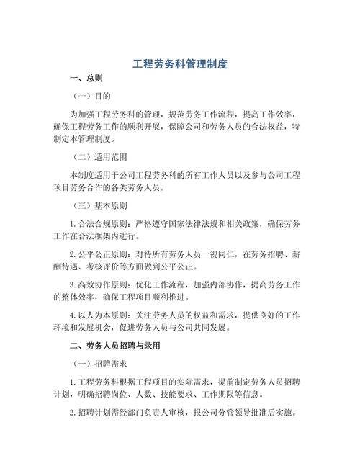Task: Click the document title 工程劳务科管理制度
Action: point(180,64)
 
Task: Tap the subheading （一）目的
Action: point(91,95)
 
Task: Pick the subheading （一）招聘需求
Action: point(100,364)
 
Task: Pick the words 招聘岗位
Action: point(119,395)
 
